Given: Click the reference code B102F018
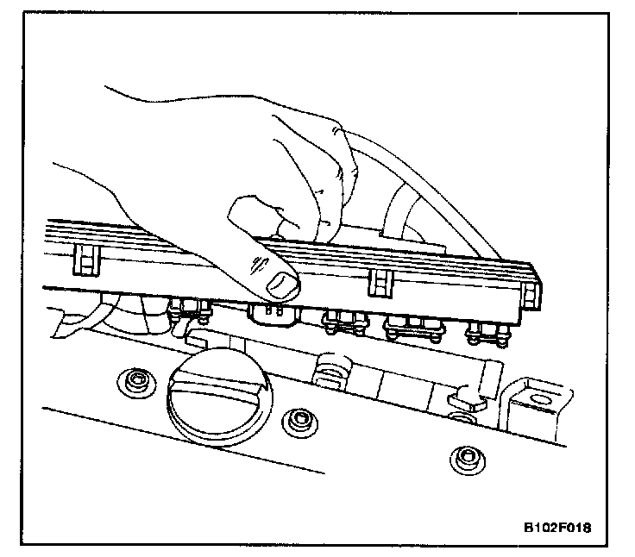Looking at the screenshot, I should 561,526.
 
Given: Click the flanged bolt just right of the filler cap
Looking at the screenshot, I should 299,420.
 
